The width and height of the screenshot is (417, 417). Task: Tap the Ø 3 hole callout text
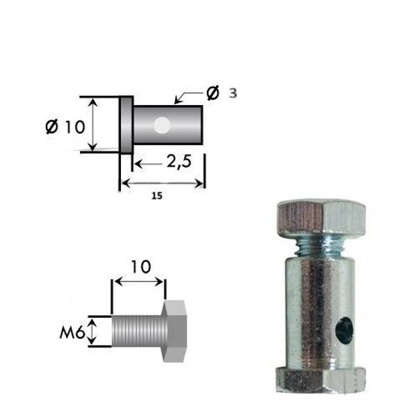coord(220,93)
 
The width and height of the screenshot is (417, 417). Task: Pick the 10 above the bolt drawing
coord(139,266)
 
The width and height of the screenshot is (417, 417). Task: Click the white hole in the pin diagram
coord(162,125)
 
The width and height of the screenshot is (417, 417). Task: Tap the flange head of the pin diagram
coord(126,125)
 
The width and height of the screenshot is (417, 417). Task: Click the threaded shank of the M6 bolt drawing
coord(137,332)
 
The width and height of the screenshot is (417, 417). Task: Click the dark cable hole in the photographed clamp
coord(343,331)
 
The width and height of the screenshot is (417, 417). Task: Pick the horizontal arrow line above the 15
coord(163,183)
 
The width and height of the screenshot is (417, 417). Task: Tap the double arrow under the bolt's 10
coord(139,282)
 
